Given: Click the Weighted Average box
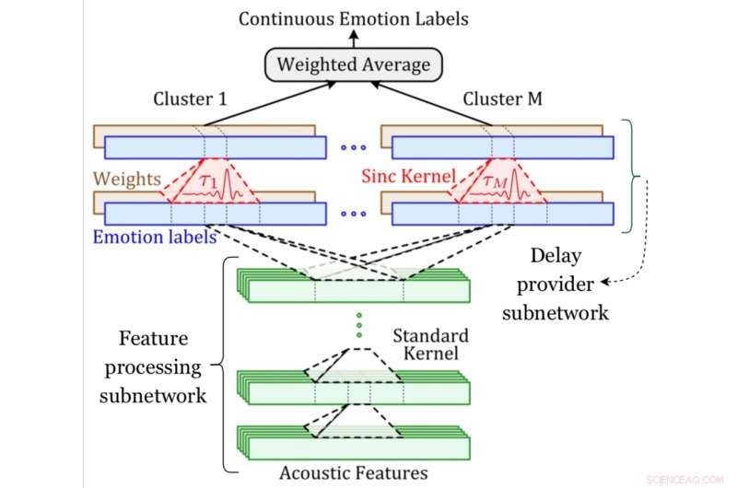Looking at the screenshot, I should coord(353,65).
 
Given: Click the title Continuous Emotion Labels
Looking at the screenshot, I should coord(354,17).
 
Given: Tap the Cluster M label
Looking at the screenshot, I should coord(503,99).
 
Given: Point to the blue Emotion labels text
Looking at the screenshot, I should coord(154,236).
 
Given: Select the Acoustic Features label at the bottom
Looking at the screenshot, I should coord(354,472).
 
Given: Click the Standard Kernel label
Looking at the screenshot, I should coord(430,344).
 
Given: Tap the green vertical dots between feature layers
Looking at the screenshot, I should coord(359,325).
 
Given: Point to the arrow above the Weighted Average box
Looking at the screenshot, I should coord(353,39).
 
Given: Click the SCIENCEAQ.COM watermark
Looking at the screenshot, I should coord(691,479).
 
